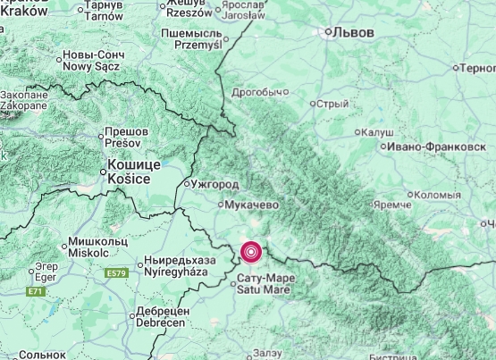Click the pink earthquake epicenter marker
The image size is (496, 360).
point(252,253)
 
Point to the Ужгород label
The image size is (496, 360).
point(214,184)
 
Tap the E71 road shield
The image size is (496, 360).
point(36,291)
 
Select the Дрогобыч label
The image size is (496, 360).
point(260,92)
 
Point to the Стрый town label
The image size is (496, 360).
point(332,104)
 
